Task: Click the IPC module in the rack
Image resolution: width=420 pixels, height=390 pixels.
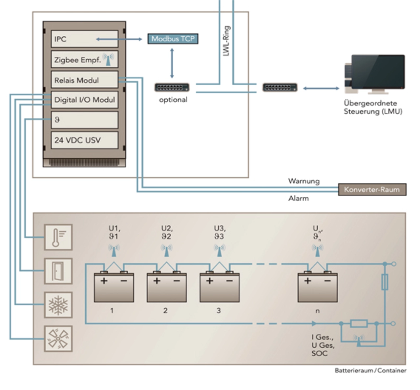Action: point(84,39)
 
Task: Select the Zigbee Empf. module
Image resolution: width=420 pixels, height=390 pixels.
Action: point(84,60)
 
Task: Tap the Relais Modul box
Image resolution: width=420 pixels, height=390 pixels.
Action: point(84,80)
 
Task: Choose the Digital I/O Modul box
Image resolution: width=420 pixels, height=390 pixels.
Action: point(84,100)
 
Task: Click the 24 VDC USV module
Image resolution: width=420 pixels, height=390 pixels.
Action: point(84,140)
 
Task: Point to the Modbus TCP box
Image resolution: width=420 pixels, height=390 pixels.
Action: point(173,39)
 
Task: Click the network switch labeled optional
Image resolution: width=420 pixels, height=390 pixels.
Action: point(172,88)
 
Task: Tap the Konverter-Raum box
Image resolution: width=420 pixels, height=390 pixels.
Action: point(372,189)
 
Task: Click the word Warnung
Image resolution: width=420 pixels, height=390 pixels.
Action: point(304,181)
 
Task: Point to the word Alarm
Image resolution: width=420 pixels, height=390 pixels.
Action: point(298,198)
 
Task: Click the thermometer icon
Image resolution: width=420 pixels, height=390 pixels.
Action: point(58,237)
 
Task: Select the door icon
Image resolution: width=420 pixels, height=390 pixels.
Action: point(58,271)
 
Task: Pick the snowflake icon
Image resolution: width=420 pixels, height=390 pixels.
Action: point(58,305)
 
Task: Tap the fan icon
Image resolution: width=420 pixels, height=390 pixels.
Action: point(58,339)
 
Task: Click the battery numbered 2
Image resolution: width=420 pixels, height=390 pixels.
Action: point(167,288)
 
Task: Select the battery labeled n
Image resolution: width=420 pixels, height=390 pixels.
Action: point(317,288)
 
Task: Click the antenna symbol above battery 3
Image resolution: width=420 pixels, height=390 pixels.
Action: point(219,250)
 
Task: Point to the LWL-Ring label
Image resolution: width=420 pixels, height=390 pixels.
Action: point(226,41)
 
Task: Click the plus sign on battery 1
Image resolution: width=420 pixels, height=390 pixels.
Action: point(104,281)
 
